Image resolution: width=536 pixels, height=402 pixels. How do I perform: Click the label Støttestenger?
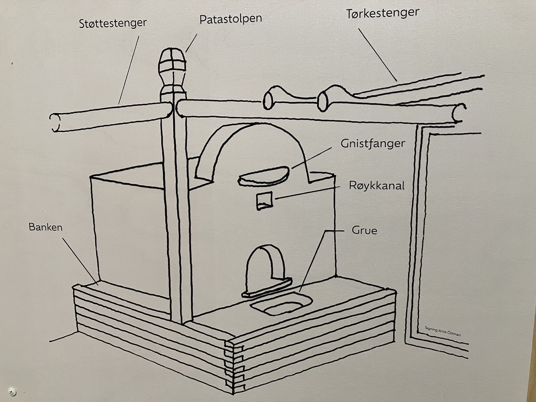[113, 23]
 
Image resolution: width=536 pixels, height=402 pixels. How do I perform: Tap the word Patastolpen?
[230, 19]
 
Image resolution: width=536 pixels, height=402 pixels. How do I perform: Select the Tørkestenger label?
[383, 14]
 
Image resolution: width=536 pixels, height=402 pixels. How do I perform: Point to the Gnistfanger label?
[373, 143]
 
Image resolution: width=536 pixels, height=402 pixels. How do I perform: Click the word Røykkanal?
[377, 185]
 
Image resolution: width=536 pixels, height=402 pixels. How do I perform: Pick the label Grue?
[365, 230]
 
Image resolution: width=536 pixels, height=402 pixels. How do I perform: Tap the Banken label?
[46, 227]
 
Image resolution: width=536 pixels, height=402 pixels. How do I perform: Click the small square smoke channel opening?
[264, 200]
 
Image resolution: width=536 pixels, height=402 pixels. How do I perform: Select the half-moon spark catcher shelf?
[263, 176]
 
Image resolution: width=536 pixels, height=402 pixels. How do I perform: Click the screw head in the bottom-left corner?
[13, 391]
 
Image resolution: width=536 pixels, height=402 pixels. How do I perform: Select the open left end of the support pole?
[55, 122]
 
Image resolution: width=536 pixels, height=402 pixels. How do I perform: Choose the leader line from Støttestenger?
[129, 68]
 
